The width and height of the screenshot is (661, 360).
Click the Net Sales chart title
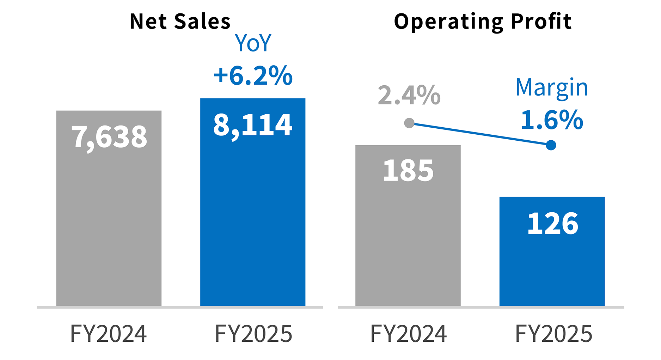[180, 22]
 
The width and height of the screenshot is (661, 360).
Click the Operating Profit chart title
[482, 22]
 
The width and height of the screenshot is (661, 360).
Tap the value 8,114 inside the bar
[252, 125]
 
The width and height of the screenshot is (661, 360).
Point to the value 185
[408, 171]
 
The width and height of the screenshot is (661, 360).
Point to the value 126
[552, 224]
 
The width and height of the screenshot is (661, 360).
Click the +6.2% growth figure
[253, 75]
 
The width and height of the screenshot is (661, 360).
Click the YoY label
[253, 43]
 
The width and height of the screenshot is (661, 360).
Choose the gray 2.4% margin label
[409, 95]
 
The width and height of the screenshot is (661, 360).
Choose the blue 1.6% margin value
[552, 120]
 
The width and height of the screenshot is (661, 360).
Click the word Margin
[552, 87]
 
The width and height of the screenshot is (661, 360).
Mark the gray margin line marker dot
[409, 123]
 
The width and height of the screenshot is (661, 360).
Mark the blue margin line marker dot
[551, 145]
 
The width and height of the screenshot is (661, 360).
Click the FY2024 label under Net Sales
[109, 334]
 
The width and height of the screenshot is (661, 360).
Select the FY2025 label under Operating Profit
[553, 334]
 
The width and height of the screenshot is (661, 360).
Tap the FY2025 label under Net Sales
[253, 334]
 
